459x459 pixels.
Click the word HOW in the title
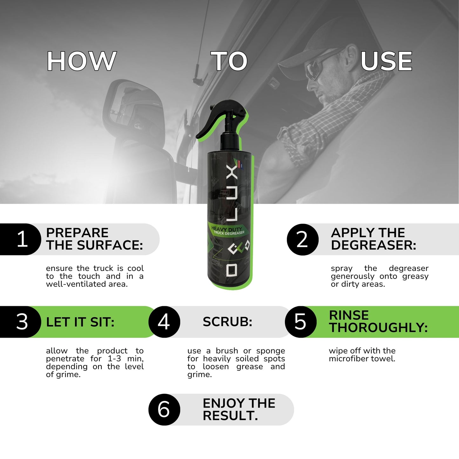(x=81, y=61)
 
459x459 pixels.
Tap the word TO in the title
(x=229, y=61)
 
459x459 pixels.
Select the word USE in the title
(x=386, y=61)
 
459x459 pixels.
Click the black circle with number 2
(x=302, y=240)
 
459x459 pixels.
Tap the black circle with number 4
(x=164, y=322)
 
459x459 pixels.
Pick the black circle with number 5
(x=300, y=322)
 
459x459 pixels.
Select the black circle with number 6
(x=164, y=409)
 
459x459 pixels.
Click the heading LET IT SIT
(x=80, y=322)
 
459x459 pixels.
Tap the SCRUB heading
(x=227, y=322)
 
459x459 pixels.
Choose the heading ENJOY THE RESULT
(x=239, y=409)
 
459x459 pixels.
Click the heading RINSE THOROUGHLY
(x=378, y=321)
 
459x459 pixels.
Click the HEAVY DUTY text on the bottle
(x=223, y=229)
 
